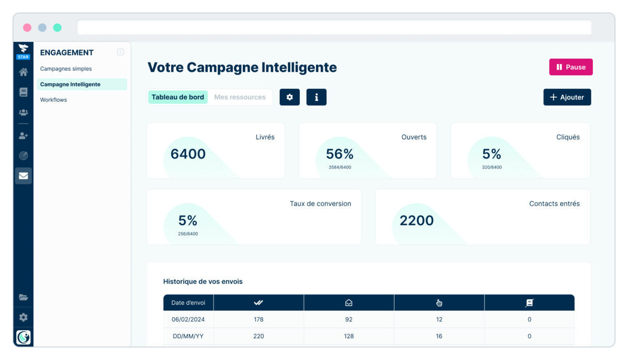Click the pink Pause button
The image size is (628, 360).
(x=571, y=67)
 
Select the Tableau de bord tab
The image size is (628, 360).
(x=178, y=97)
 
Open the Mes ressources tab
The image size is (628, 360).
(x=240, y=97)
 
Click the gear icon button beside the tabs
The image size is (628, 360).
(x=289, y=97)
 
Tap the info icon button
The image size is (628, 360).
(x=316, y=97)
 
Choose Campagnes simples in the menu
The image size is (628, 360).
(x=66, y=69)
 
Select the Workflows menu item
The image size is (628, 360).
(x=53, y=100)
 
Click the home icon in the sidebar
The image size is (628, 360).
(x=23, y=72)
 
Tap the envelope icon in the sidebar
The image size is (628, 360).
(x=23, y=176)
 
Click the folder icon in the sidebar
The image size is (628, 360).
(x=23, y=297)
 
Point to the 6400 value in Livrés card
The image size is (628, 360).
(x=188, y=154)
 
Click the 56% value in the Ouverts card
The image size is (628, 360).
(x=340, y=154)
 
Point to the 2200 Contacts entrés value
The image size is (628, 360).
(x=417, y=220)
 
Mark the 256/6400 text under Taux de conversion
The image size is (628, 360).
(x=188, y=234)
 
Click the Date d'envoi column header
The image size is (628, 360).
(x=188, y=302)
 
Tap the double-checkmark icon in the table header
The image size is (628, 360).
(x=258, y=302)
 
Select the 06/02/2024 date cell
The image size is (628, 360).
(x=188, y=319)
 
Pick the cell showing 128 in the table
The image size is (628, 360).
(x=349, y=336)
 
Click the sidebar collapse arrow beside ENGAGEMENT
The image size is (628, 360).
(x=120, y=52)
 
